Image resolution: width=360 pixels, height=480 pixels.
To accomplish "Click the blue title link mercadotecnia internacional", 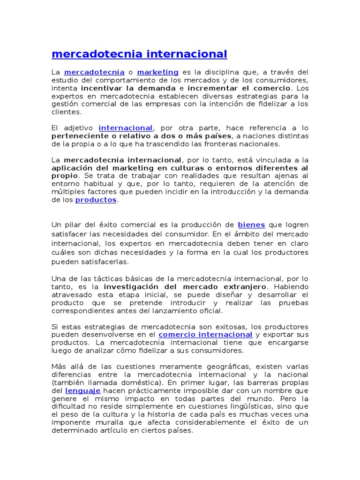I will pyautogui.click(x=139, y=54).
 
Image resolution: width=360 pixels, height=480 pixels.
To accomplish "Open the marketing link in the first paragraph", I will pyautogui.click(x=157, y=72).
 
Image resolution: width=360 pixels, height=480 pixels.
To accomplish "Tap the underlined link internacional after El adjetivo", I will pyautogui.click(x=126, y=128).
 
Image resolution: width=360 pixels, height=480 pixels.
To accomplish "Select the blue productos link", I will pyautogui.click(x=96, y=200).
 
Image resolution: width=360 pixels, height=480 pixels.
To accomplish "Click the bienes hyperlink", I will pyautogui.click(x=251, y=225).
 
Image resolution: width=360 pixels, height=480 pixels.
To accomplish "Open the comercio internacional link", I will pyautogui.click(x=205, y=335).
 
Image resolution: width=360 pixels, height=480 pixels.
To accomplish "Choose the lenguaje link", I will pyautogui.click(x=82, y=390).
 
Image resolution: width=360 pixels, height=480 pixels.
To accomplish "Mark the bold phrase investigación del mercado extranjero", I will pyautogui.click(x=185, y=286).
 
